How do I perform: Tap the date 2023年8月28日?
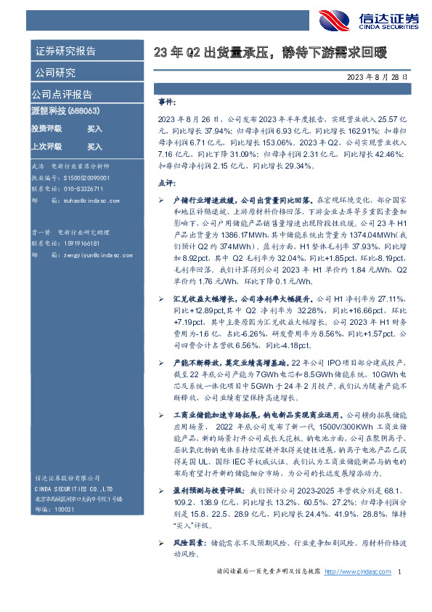377,76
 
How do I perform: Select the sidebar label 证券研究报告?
65,52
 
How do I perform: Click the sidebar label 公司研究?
54,73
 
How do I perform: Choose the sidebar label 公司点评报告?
62,94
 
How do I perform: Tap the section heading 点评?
167,183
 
